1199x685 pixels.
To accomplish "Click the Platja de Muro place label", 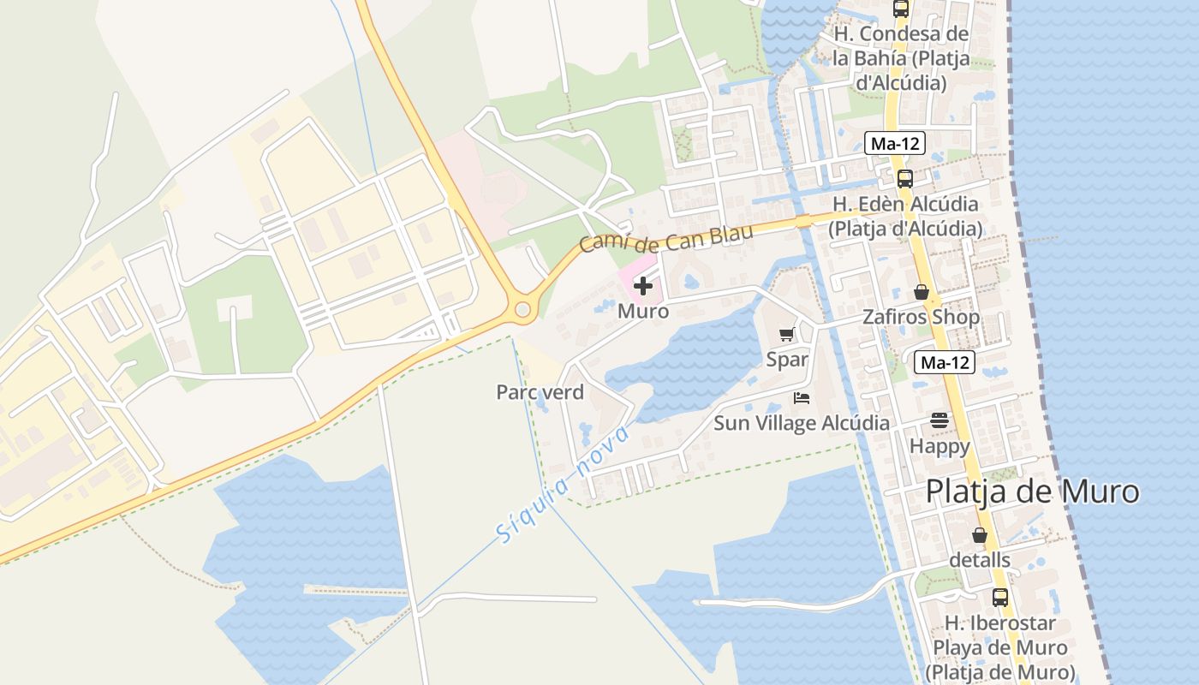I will click(1033, 491).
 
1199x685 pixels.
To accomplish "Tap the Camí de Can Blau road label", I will click(666, 238).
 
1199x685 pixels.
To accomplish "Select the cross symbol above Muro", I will click(643, 286).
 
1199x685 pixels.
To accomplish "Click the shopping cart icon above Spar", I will click(786, 334).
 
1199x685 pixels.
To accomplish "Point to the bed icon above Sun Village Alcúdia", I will click(802, 398).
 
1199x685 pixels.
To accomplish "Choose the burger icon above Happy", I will click(940, 420).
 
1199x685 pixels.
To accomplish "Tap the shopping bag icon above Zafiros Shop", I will click(922, 292).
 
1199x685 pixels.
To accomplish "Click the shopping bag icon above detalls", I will click(980, 535).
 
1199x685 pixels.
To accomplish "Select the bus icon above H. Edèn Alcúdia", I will click(905, 179).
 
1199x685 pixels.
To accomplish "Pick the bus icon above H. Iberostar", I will click(999, 598).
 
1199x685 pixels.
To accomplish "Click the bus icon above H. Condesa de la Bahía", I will click(901, 9).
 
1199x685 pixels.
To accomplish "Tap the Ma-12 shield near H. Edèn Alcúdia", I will click(894, 144).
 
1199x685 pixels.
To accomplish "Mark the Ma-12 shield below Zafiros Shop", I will click(945, 362).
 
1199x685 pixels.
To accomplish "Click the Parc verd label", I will click(540, 392).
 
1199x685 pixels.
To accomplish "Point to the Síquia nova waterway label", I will click(562, 485).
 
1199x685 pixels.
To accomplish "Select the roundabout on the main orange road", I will click(521, 308).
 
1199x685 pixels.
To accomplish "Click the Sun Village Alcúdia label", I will click(802, 423).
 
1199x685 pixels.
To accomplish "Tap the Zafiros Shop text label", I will click(922, 317).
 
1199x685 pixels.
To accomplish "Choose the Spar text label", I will click(787, 360).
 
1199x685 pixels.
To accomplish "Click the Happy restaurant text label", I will click(940, 446).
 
